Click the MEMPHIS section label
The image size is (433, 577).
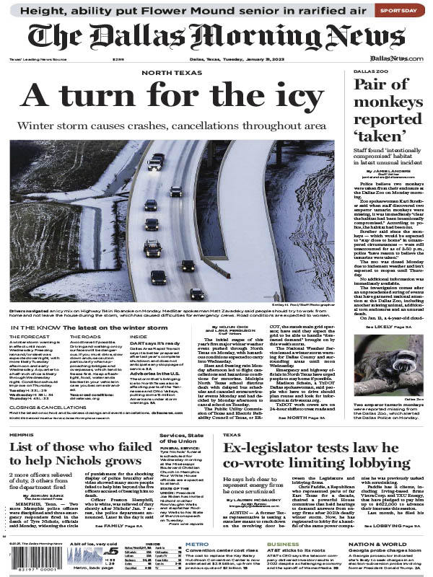[24, 436]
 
